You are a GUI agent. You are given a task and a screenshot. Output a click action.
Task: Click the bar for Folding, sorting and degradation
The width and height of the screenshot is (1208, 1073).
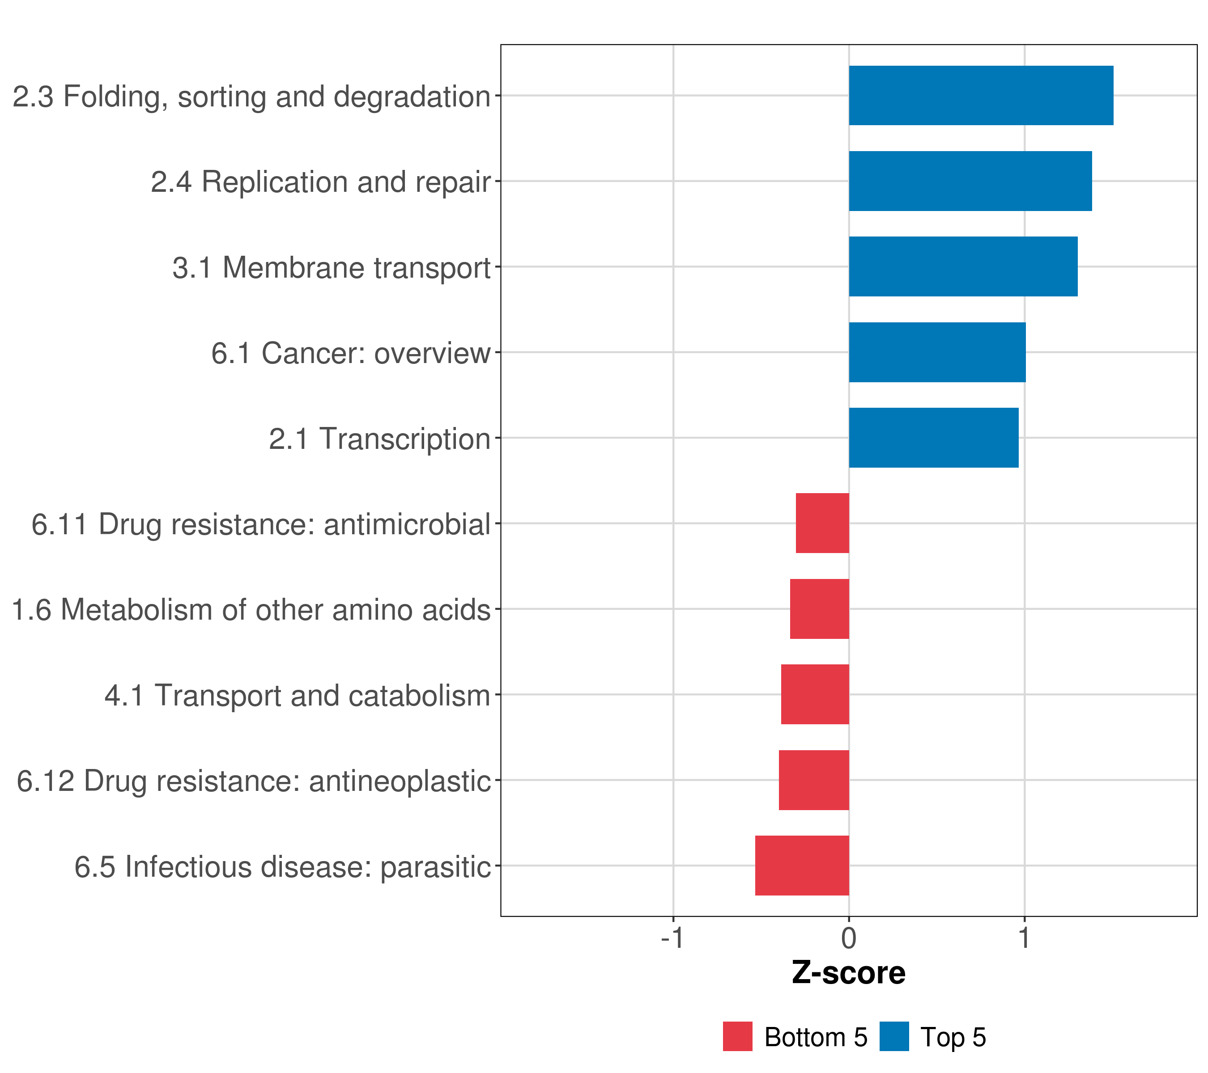[981, 95]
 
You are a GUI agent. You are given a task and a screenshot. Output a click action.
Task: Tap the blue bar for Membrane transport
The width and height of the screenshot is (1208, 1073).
[963, 266]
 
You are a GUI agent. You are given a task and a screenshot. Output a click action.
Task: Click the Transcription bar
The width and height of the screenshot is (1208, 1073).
[933, 438]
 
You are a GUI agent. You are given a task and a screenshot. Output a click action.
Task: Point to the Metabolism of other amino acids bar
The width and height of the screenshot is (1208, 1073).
[819, 609]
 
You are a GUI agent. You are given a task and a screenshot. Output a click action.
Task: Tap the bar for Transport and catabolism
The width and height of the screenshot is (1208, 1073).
[815, 694]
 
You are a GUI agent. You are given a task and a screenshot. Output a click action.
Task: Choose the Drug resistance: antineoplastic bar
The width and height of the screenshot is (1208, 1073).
[814, 780]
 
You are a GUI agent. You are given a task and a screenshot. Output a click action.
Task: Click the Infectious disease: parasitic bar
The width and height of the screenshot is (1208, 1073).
[802, 866]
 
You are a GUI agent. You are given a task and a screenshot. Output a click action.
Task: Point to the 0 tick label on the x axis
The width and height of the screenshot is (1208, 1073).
[849, 938]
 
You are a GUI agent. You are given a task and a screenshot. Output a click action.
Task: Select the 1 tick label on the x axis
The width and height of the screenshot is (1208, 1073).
[1024, 938]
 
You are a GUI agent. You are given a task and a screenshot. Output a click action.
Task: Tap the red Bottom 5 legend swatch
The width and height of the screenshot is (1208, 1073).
[738, 1036]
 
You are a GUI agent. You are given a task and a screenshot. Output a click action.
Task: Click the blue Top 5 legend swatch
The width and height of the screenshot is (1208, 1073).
[894, 1036]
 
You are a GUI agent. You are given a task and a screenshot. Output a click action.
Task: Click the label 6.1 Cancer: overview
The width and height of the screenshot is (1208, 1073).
[350, 353]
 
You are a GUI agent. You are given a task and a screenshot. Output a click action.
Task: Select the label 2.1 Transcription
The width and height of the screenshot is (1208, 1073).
[379, 439]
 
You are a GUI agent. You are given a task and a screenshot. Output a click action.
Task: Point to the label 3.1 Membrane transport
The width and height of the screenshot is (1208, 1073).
[331, 267]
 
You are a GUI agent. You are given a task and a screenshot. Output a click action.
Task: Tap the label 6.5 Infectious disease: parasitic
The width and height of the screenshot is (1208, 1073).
[282, 867]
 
